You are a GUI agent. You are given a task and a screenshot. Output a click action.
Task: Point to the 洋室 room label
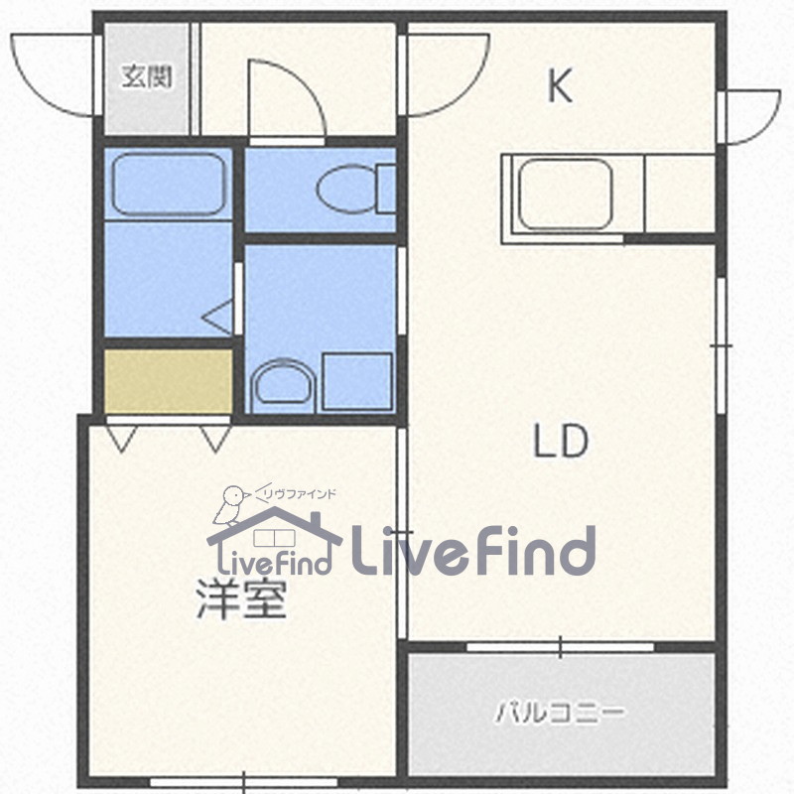coord(240,600)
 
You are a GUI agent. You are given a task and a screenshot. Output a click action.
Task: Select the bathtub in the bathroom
coord(167,185)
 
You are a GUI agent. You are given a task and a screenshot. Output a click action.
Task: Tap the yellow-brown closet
coord(169,379)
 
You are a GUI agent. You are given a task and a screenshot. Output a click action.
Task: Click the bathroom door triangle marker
coord(220,318)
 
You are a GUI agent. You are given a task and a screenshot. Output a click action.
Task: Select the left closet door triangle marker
coord(121,437)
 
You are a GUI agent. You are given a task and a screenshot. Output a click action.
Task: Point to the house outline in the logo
coord(268,536)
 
